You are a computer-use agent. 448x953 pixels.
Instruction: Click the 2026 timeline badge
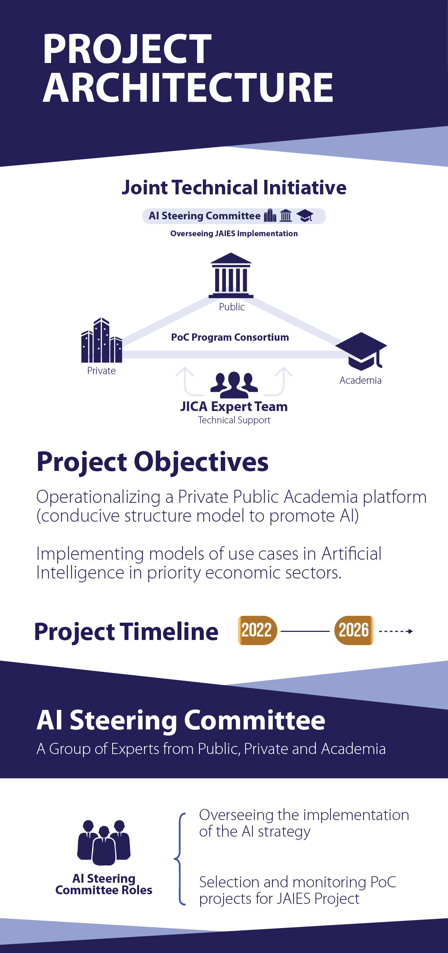click(354, 630)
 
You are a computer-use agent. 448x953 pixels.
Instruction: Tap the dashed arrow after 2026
click(396, 631)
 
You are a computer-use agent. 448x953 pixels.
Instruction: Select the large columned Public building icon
click(231, 275)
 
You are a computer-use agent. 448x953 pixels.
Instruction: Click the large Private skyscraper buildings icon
click(101, 340)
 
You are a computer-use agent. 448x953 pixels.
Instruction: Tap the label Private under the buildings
click(101, 371)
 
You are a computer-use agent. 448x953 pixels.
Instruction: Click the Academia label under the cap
click(360, 380)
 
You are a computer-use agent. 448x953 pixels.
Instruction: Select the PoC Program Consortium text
click(230, 337)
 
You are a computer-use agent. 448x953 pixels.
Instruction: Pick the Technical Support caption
click(234, 420)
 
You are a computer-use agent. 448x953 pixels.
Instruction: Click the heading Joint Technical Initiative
click(234, 187)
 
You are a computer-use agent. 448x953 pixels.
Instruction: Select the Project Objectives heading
click(153, 462)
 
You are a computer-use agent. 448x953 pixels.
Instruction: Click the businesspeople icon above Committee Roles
click(104, 843)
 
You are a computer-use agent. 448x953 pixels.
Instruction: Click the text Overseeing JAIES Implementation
click(234, 234)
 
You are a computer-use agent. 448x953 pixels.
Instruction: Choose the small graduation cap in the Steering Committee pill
click(305, 216)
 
